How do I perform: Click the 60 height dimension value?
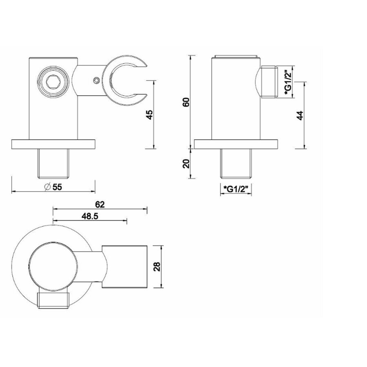click(x=186, y=102)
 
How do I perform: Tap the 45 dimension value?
click(x=149, y=115)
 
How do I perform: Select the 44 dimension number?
click(x=300, y=115)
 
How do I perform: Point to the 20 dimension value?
click(x=186, y=164)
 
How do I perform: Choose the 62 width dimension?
click(x=100, y=205)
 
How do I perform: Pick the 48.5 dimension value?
click(x=90, y=216)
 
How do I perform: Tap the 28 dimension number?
click(x=157, y=266)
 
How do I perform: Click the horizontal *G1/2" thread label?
click(x=236, y=189)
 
